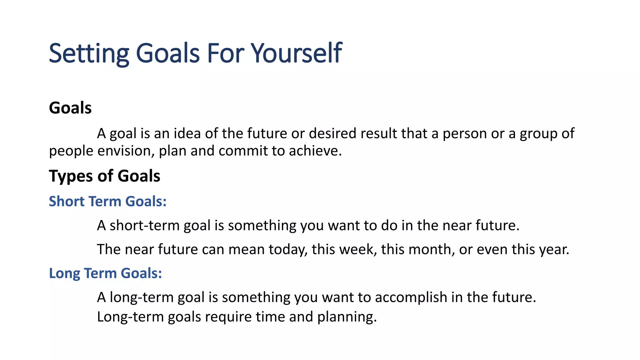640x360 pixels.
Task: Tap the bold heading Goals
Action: pyautogui.click(x=70, y=108)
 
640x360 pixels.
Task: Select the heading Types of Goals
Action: pyautogui.click(x=104, y=176)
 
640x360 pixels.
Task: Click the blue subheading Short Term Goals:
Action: pyautogui.click(x=107, y=201)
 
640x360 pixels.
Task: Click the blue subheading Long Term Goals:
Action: pyautogui.click(x=105, y=273)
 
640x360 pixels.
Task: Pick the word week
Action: pyautogui.click(x=357, y=250)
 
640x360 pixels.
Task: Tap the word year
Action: pyautogui.click(x=554, y=250)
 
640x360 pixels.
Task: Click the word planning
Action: pyautogui.click(x=347, y=317)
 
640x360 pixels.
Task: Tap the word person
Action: pyautogui.click(x=464, y=134)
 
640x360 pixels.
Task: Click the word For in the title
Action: pyautogui.click(x=226, y=53)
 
